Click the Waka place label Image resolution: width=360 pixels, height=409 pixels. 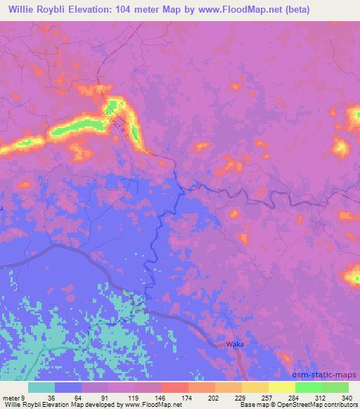[235, 344]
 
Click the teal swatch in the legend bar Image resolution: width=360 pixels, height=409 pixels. [41, 387]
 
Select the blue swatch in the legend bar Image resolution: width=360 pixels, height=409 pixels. [68, 387]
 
